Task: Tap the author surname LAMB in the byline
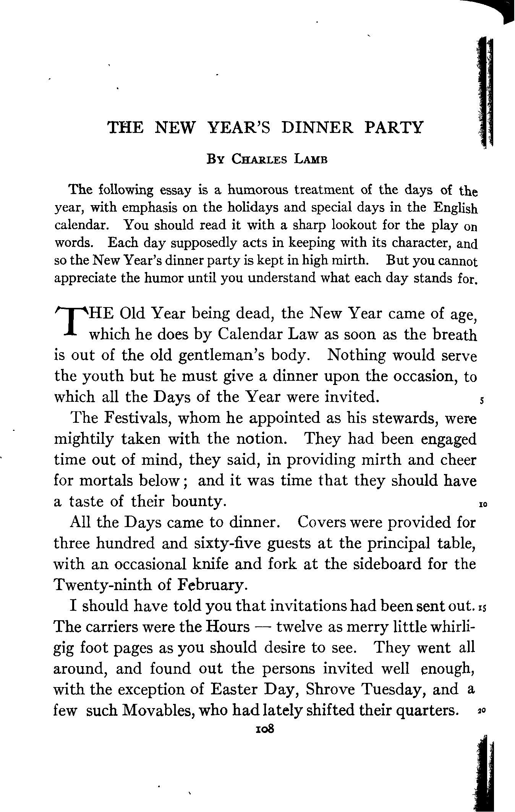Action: click(x=311, y=159)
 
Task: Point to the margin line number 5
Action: click(x=483, y=401)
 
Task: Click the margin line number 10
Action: click(x=483, y=505)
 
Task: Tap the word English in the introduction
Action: click(x=455, y=208)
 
